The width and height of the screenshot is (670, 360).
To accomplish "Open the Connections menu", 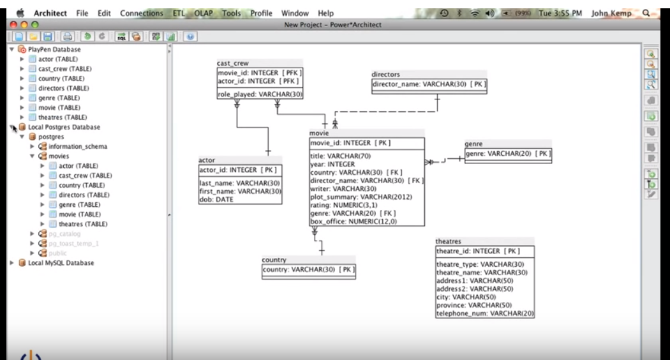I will [142, 13].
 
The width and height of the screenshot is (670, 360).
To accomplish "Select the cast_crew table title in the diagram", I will [233, 63].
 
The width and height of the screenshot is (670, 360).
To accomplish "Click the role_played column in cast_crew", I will [260, 94].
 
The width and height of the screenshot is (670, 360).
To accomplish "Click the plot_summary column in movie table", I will [357, 197].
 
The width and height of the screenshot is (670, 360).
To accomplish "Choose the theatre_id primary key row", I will [478, 251].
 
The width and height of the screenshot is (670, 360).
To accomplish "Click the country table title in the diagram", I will [274, 260].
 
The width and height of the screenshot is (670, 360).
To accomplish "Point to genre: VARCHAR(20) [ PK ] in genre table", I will [507, 153].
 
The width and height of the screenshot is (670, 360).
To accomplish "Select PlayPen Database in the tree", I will [54, 49].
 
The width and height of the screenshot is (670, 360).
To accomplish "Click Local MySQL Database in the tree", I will [61, 262].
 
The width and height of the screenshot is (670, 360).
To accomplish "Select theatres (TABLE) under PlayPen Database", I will [63, 117].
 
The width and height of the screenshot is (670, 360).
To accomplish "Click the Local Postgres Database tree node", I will [64, 127].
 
